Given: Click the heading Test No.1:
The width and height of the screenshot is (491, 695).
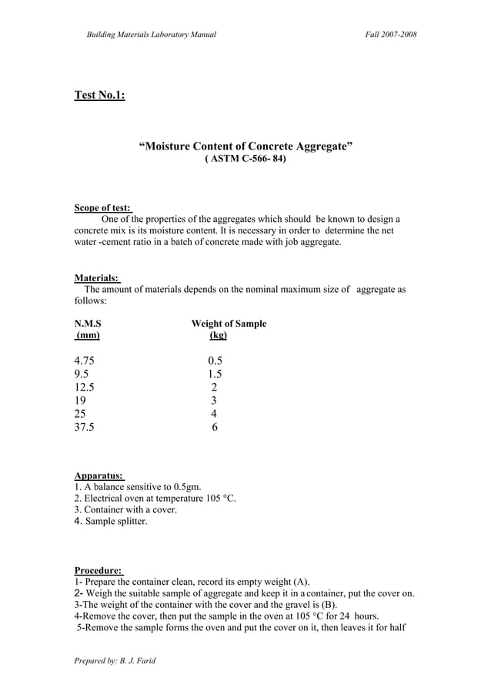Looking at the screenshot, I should (x=99, y=96).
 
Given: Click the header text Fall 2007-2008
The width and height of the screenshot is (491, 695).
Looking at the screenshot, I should (x=391, y=35).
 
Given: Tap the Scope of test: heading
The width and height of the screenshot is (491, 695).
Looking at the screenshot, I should (x=102, y=208).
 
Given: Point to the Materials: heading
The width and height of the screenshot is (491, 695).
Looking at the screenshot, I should (x=96, y=278).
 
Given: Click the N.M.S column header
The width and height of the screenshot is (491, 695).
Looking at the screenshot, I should (x=87, y=324).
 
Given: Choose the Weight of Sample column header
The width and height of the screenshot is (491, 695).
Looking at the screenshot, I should (x=229, y=324).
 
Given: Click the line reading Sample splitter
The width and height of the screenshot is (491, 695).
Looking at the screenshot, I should (x=115, y=522).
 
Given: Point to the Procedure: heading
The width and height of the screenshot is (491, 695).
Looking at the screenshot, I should (x=99, y=571).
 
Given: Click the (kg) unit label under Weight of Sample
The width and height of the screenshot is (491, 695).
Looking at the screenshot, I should (x=218, y=336).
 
